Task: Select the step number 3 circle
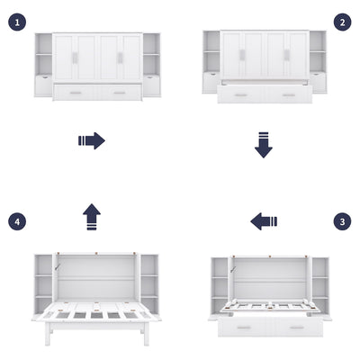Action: (342, 220)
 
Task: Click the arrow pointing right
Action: (92, 140)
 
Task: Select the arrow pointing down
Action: (263, 144)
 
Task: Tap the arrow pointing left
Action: (264, 221)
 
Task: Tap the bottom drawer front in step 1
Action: (97, 92)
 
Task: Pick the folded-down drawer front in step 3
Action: (270, 326)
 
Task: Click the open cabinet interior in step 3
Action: (270, 279)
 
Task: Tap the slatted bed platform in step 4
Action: (97, 313)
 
